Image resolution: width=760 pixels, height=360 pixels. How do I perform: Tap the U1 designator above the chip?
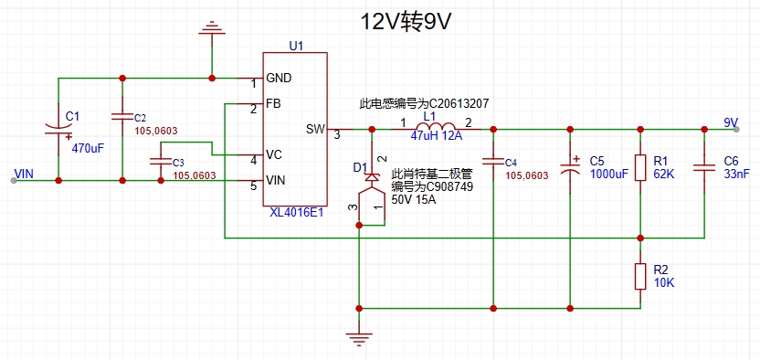tap(296, 46)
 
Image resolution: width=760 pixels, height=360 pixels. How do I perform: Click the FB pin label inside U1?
tap(273, 103)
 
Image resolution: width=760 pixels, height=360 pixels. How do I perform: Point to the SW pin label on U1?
tap(315, 130)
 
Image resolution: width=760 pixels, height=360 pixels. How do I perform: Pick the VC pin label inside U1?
tap(274, 154)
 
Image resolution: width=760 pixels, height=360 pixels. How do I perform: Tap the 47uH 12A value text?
tap(437, 137)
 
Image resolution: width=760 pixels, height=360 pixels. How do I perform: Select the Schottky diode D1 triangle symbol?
tap(372, 177)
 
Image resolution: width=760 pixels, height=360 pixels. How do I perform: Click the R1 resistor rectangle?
tap(640, 167)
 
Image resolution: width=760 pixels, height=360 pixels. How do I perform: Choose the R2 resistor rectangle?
tap(640, 277)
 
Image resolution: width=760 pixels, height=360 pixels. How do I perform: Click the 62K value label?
tap(664, 174)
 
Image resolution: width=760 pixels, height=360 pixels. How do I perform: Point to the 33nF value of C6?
tap(736, 174)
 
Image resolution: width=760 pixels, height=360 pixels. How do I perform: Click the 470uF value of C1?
tap(89, 149)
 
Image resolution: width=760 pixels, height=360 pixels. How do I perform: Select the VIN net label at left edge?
tap(25, 173)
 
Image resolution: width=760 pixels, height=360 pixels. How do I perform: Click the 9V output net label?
tap(731, 122)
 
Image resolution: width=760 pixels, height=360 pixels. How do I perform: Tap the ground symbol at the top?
tap(212, 28)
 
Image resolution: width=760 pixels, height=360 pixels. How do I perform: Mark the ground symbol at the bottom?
tap(359, 338)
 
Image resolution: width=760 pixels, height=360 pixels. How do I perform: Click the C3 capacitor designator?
tap(178, 162)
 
